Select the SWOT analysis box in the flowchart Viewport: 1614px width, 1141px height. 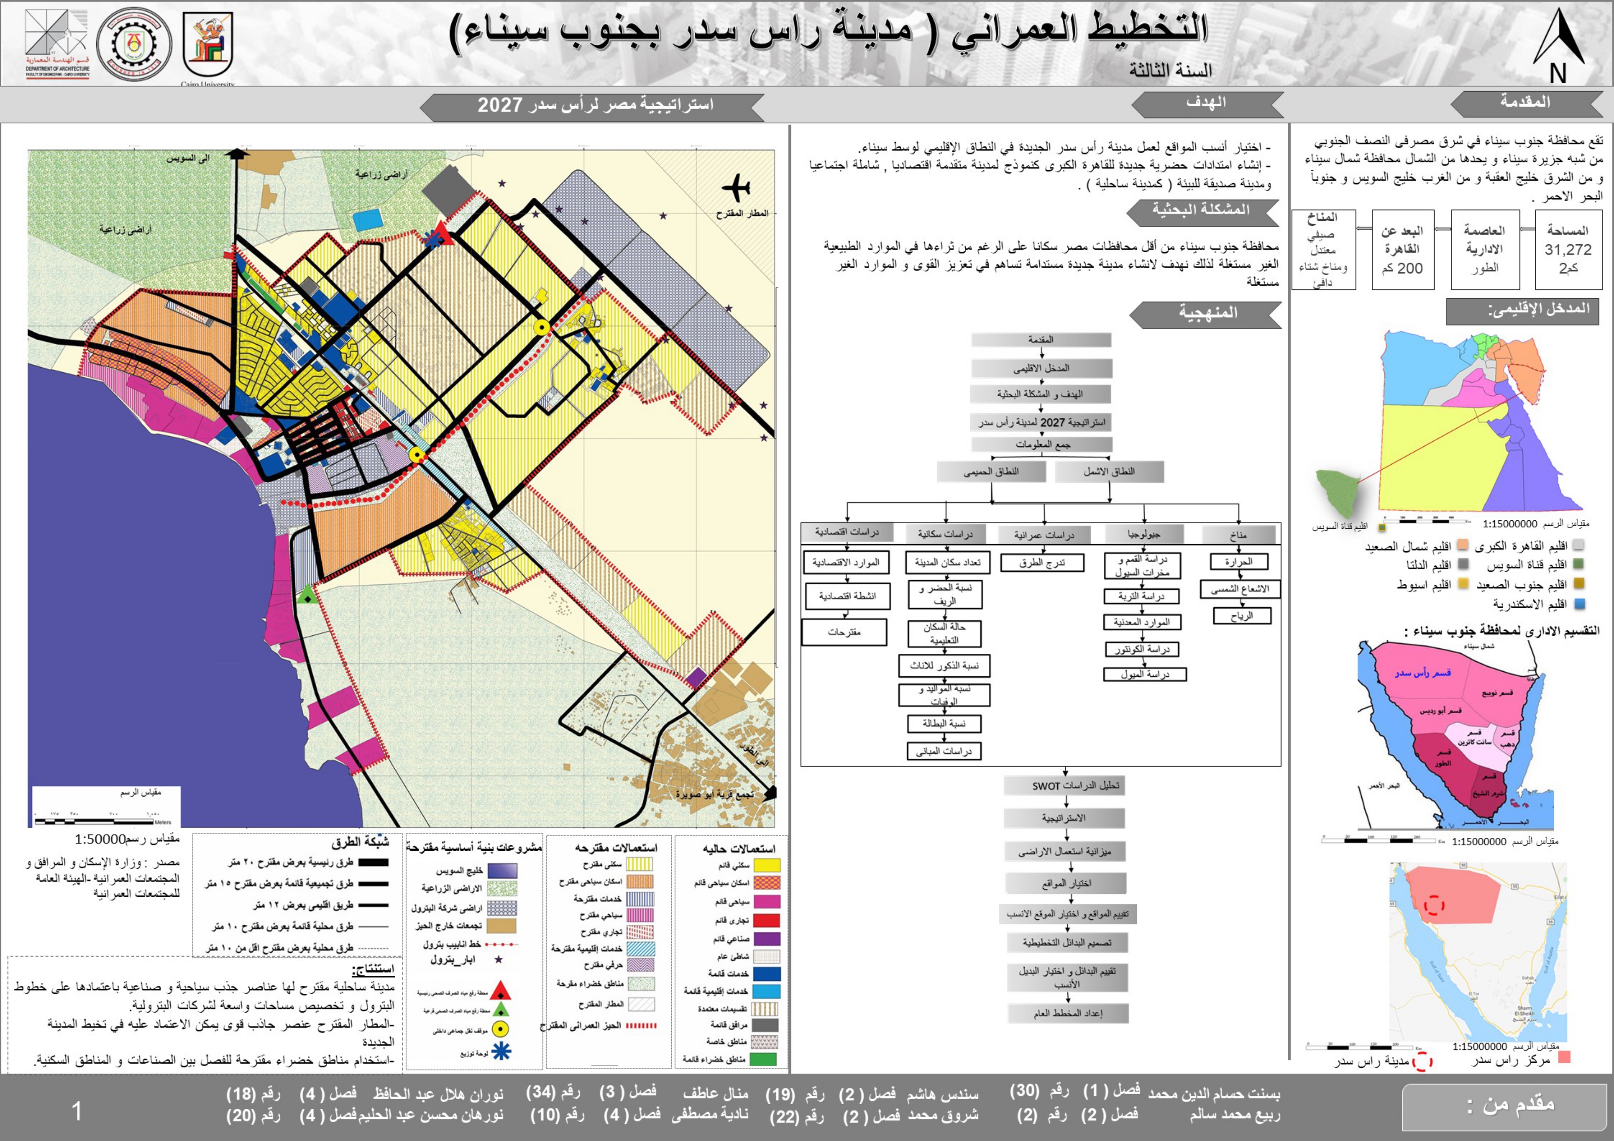[1065, 785]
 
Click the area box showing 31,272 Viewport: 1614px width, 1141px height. [1568, 249]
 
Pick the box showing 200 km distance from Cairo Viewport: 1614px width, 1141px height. [1402, 249]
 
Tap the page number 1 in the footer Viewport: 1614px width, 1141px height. [77, 1111]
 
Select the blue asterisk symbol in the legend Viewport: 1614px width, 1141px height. [501, 1051]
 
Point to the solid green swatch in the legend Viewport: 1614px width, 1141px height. [766, 1059]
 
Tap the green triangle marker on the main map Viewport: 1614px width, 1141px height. [306, 596]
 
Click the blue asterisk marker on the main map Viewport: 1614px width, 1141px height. [433, 239]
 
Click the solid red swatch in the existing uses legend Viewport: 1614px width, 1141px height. [766, 920]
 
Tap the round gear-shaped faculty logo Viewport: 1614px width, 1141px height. [133, 44]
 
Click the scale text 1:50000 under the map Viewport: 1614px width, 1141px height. [100, 839]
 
